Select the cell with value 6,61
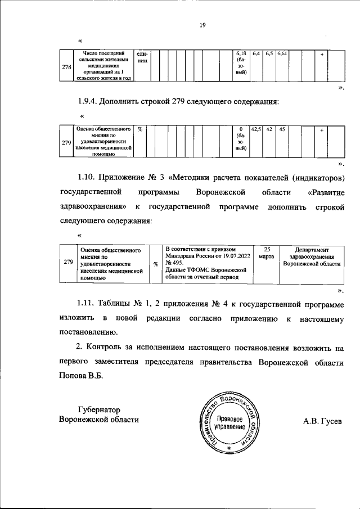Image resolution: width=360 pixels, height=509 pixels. click(282, 53)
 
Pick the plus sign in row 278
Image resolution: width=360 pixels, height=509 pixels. click(321, 53)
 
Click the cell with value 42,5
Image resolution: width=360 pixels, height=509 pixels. click(256, 129)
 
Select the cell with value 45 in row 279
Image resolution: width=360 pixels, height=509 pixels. click(282, 129)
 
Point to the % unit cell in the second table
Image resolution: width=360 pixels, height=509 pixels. click(139, 129)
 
